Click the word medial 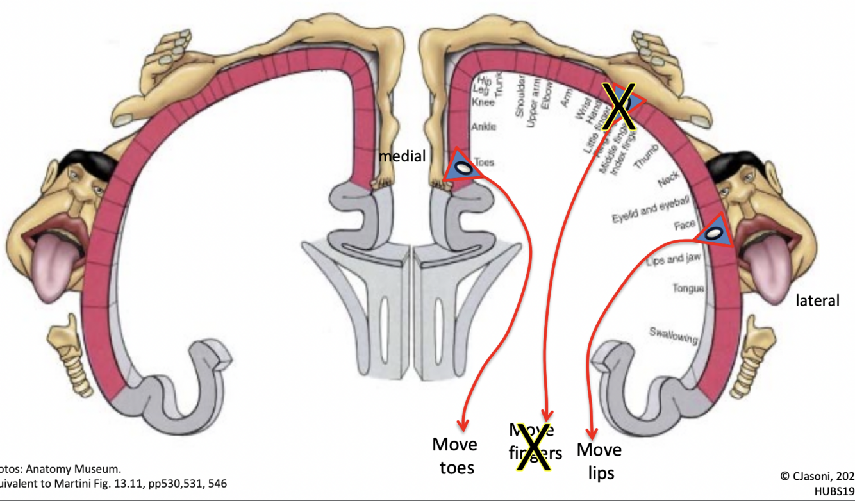click(402, 156)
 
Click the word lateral click(817, 300)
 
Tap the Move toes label click(454, 456)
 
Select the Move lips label click(599, 461)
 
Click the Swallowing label click(673, 334)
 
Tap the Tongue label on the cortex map click(688, 288)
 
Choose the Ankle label click(483, 127)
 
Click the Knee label click(483, 103)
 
